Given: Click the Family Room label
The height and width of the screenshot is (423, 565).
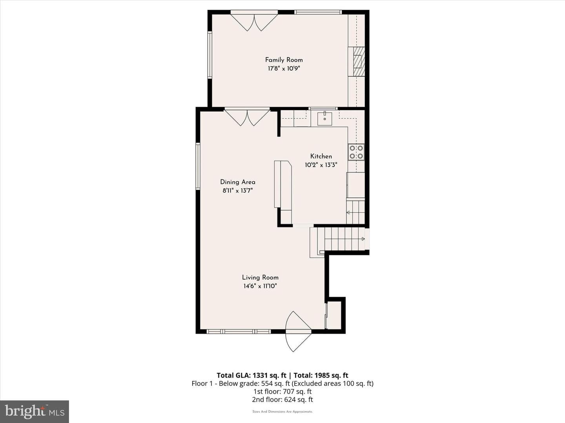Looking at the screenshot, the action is pos(284,60).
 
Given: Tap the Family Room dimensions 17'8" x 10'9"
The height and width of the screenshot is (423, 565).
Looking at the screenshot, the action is pos(284,69).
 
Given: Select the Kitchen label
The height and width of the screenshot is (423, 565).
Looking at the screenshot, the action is pos(321,156).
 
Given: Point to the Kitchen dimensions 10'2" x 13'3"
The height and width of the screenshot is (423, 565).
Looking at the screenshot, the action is pos(321,165).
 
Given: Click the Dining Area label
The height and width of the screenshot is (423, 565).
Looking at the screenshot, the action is pos(238,182).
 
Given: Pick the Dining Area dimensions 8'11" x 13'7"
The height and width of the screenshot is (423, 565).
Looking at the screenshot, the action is pos(238,191).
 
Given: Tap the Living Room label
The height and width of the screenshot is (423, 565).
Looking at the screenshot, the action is pos(260,278).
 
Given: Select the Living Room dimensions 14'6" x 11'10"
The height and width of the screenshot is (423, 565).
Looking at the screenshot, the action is pos(260,286).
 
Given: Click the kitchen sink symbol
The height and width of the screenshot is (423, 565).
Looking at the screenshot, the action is pos(324,118).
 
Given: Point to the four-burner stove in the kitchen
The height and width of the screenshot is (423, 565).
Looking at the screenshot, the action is pos(356,152).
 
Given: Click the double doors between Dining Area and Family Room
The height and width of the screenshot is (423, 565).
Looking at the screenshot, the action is pos(247,118).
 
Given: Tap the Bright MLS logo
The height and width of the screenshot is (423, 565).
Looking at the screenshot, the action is pos(35,411).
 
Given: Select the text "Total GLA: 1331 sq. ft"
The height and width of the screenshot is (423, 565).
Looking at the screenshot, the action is pos(252,375).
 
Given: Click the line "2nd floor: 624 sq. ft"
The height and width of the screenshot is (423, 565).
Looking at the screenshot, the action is pos(282,399).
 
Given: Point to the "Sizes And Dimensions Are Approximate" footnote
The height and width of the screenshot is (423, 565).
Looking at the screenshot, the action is pos(282,412).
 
